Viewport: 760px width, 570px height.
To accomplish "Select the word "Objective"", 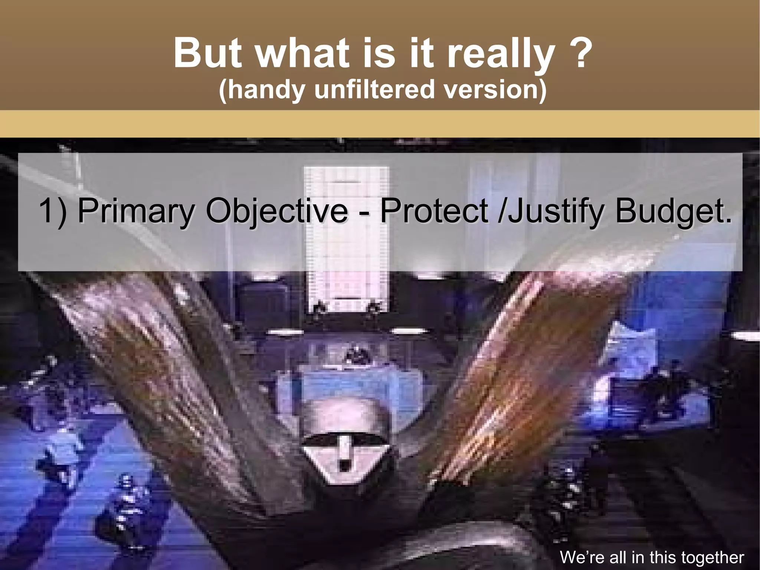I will (x=276, y=212).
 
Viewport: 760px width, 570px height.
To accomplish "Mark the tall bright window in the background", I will (x=346, y=238).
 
